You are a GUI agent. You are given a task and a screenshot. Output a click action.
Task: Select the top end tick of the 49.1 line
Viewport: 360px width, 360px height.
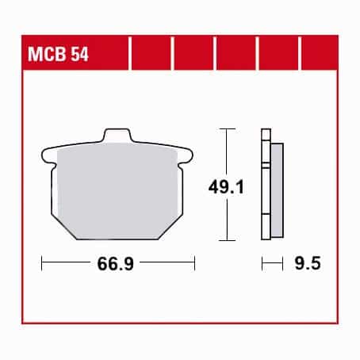[x=228, y=128]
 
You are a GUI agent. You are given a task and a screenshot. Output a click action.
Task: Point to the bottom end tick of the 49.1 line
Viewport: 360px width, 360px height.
[x=228, y=239]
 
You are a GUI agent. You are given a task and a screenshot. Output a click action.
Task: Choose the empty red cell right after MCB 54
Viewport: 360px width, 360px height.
[x=151, y=56]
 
